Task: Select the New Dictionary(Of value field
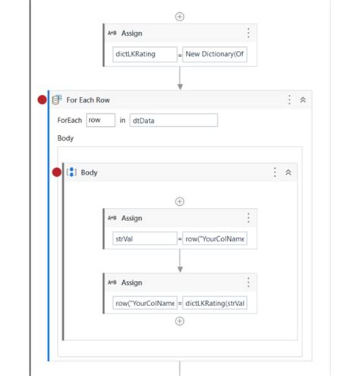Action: coord(215,55)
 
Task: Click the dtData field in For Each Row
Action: coord(172,120)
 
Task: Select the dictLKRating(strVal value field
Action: coord(215,303)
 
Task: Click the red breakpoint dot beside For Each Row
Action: coord(43,100)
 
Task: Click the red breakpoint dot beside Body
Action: coord(56,172)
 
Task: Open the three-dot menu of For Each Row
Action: coord(289,100)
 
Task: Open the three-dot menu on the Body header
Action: coord(275,172)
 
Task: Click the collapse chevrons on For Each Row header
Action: coord(302,100)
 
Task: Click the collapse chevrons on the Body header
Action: coord(288,172)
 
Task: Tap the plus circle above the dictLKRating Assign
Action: coord(179,15)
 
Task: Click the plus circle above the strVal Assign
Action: coord(179,201)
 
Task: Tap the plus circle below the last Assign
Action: coord(179,321)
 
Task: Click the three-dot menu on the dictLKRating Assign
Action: coord(248,33)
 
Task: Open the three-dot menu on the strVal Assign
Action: coord(248,218)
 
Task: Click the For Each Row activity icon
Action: coord(57,100)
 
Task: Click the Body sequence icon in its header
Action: coord(71,172)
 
